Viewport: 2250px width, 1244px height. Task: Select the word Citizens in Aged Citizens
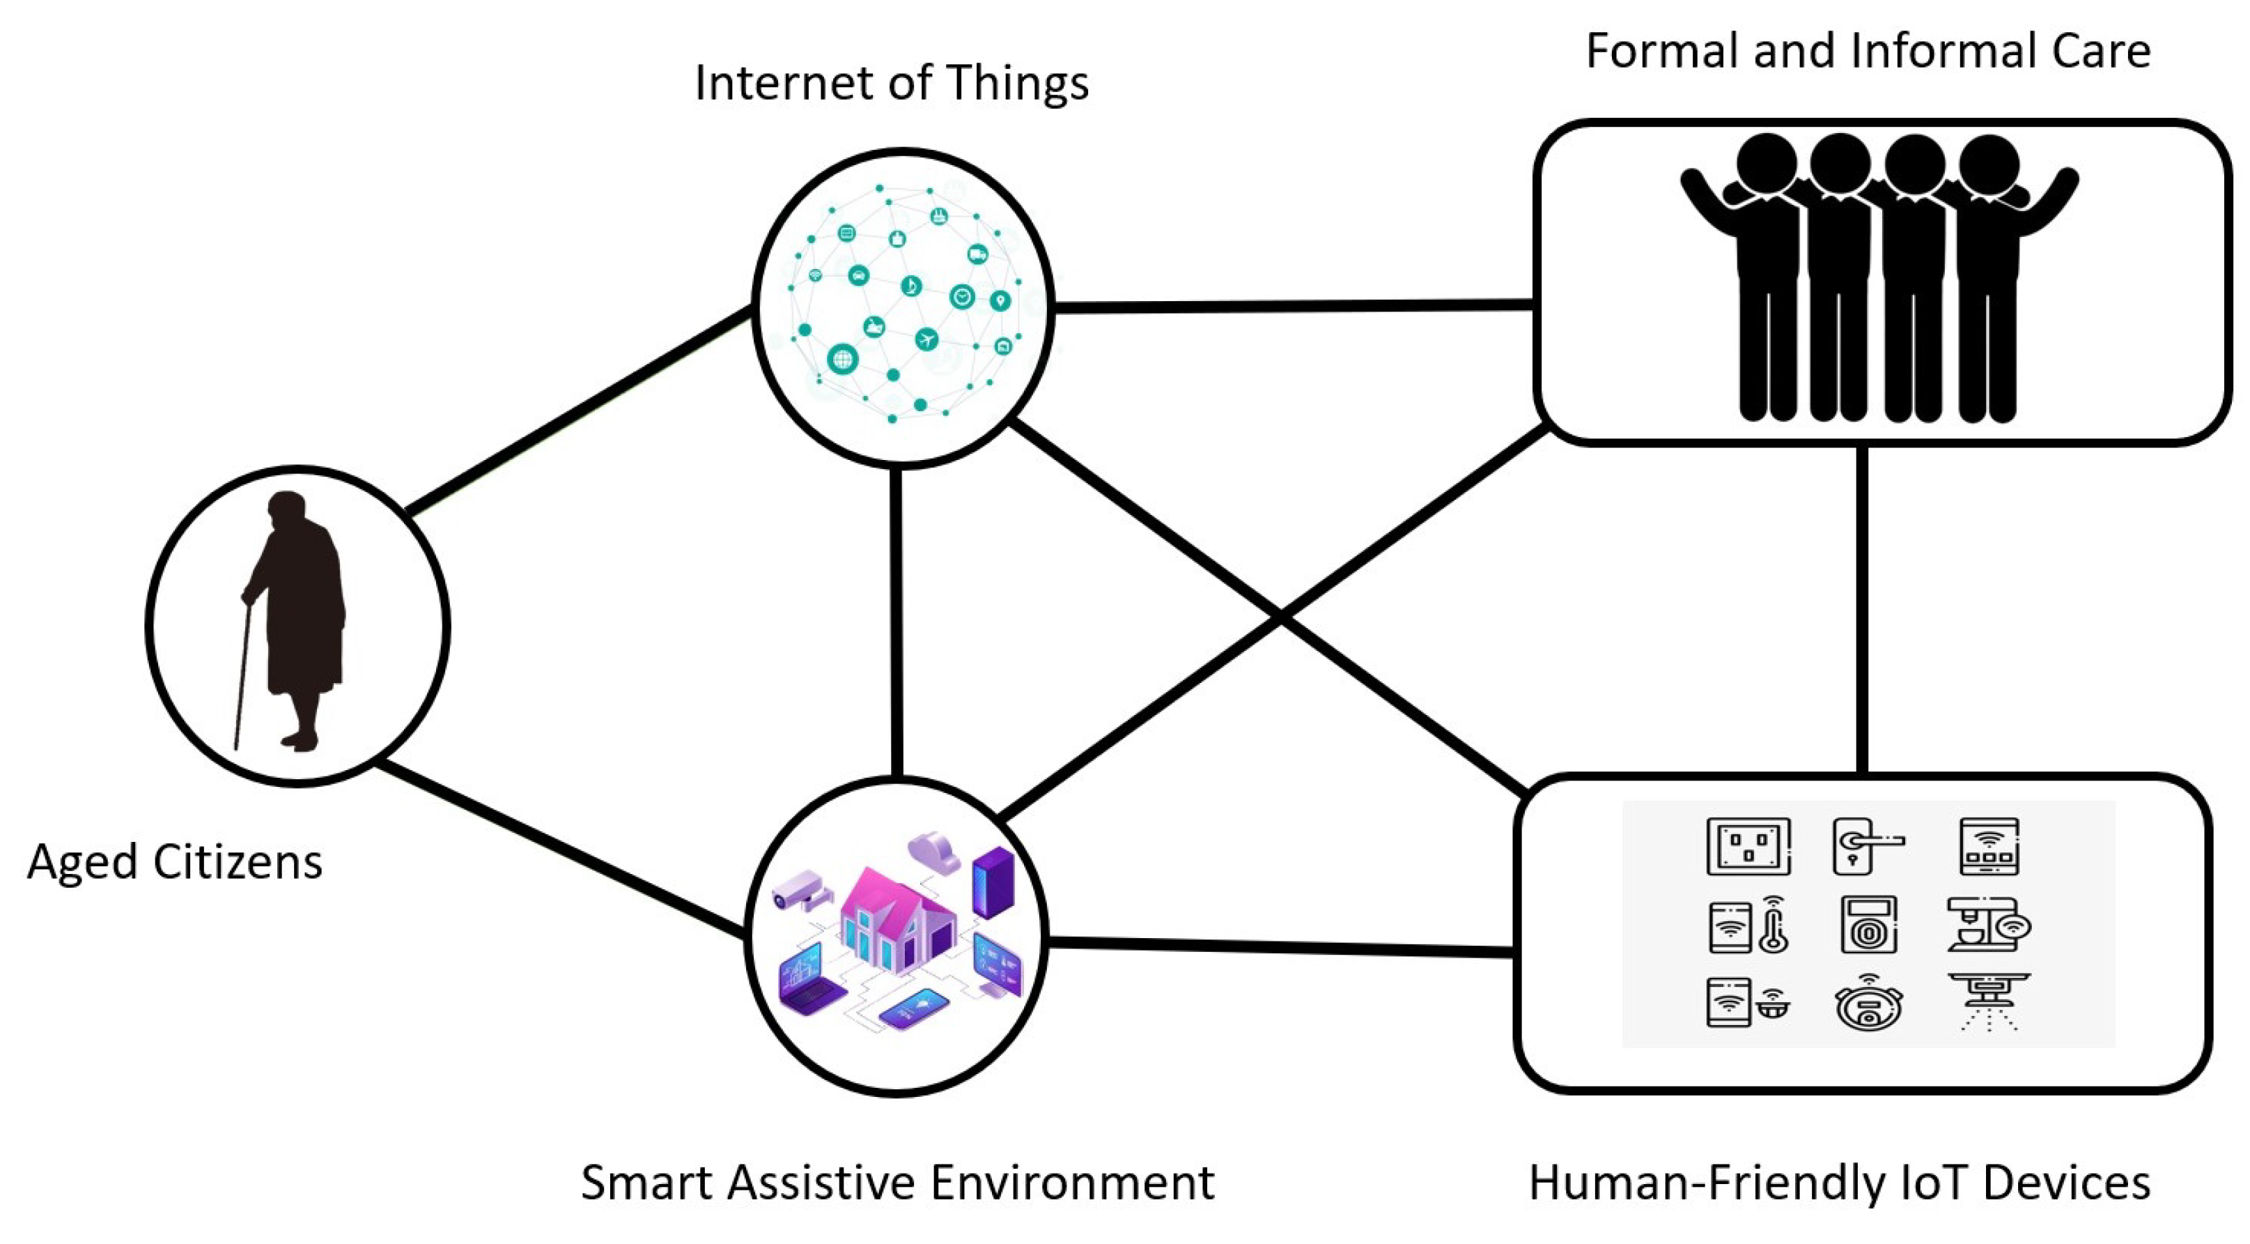238,861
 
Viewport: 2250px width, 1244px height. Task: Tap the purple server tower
993,882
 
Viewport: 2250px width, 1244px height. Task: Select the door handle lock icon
1867,845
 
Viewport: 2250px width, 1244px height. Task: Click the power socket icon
1748,845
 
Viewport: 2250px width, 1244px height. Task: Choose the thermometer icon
1773,924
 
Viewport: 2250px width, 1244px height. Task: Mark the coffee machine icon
1988,924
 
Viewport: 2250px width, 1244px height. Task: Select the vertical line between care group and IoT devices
1862,610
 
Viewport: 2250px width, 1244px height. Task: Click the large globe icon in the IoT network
843,358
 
